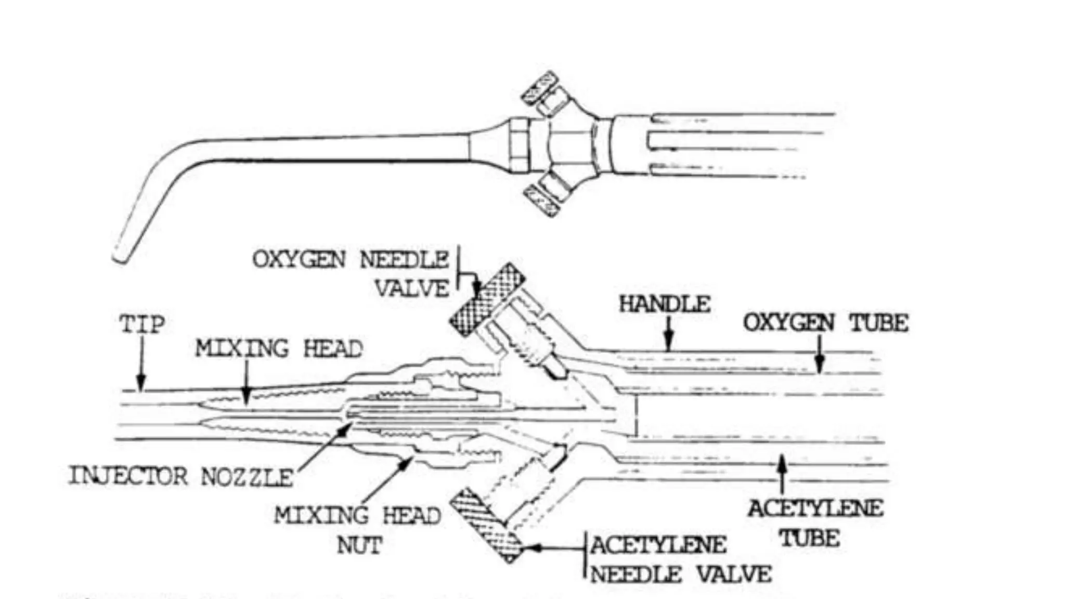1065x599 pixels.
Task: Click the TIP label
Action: pos(142,324)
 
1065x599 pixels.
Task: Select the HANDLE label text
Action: pos(665,304)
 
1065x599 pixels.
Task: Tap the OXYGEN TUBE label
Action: pos(825,323)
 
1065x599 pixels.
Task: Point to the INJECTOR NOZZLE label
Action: pos(181,476)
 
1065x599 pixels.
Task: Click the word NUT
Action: pos(359,545)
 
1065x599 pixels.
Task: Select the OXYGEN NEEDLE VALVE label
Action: pos(351,274)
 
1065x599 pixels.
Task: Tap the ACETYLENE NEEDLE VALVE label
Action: pos(680,559)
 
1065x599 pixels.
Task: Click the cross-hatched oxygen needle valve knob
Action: pos(487,299)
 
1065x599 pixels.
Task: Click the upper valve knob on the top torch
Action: pos(539,86)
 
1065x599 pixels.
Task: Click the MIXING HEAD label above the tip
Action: pos(279,348)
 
